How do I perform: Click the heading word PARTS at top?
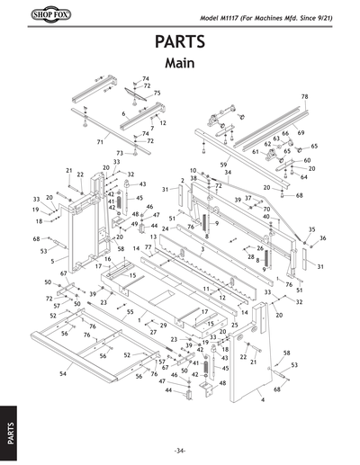(x=180, y=43)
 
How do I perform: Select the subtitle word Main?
(x=180, y=64)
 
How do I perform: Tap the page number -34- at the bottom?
(x=180, y=450)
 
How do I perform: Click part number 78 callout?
(x=304, y=96)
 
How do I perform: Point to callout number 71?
(x=101, y=142)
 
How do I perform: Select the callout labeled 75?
(x=157, y=93)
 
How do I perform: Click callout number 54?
(x=62, y=371)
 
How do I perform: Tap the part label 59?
(x=223, y=165)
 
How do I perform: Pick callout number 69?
(x=301, y=132)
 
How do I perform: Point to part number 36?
(x=322, y=237)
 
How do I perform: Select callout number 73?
(x=119, y=154)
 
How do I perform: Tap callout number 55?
(x=130, y=311)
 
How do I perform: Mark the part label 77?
(x=148, y=247)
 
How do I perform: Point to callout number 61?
(x=256, y=152)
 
